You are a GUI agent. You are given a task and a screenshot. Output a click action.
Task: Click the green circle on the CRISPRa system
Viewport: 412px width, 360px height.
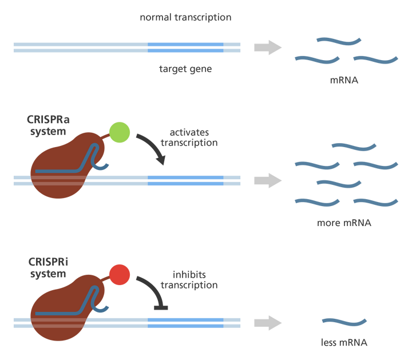(x=119, y=132)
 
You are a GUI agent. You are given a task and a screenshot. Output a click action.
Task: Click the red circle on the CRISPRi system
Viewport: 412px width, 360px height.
(x=120, y=274)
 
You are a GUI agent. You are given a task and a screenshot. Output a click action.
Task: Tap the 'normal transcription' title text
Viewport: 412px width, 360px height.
(x=185, y=17)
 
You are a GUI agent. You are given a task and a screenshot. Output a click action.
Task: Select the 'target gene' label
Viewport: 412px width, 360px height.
(x=185, y=70)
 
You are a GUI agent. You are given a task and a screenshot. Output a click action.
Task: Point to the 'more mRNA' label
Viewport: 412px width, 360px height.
(x=344, y=222)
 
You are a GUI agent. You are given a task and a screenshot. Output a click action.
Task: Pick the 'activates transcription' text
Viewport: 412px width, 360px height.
(x=189, y=137)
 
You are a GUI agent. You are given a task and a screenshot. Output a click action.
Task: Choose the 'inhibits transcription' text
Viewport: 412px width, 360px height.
(x=189, y=279)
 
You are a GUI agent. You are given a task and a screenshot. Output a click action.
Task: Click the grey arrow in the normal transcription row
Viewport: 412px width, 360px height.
(x=268, y=47)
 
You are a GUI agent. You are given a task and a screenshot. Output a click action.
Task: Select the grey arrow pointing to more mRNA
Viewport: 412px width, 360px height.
(x=268, y=180)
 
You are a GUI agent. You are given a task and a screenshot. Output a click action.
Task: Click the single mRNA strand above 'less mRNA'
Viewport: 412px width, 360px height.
(x=343, y=322)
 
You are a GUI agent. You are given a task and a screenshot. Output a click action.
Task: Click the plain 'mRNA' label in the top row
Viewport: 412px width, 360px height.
(x=344, y=80)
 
